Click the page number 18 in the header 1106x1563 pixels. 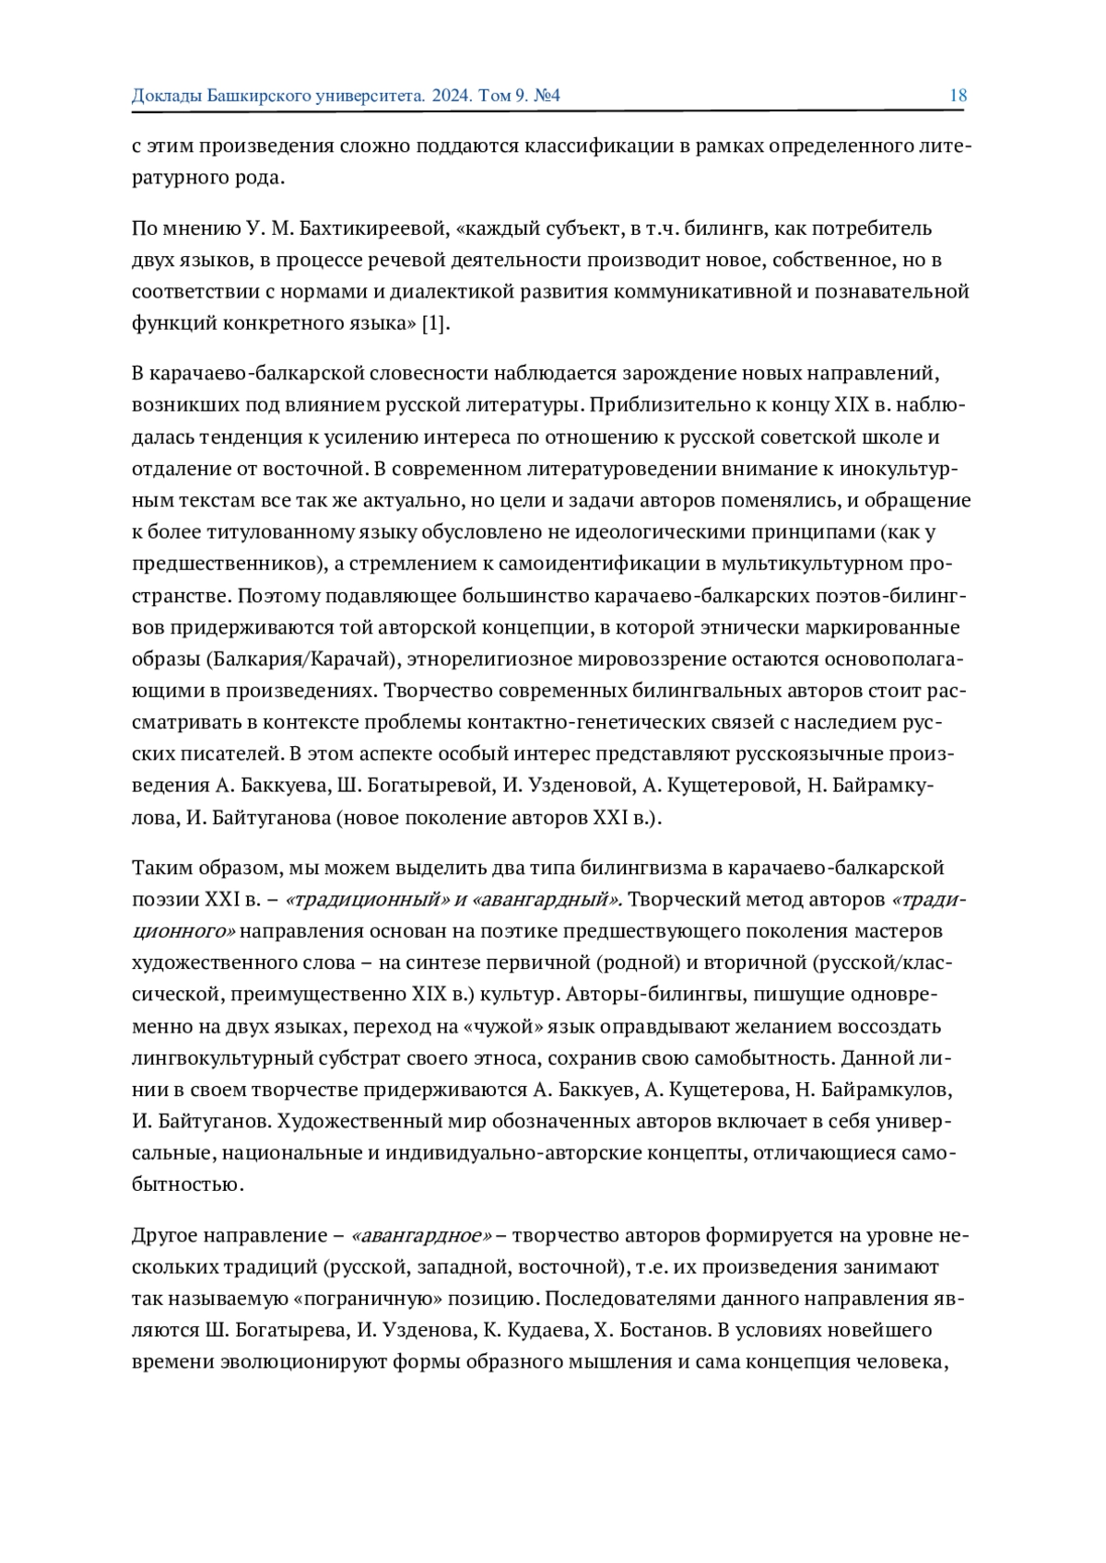(958, 96)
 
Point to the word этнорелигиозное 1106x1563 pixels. (489, 659)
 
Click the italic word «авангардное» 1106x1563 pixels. (421, 1236)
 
